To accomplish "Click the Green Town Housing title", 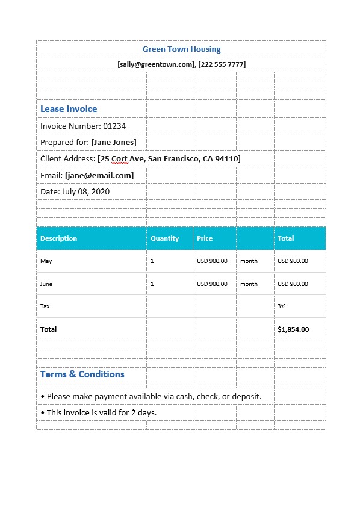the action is pos(181,49).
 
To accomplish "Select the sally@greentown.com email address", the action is pos(157,64).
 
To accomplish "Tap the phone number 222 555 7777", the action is pos(222,64).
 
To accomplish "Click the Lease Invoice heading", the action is pos(69,109).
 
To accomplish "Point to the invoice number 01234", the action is pos(114,126).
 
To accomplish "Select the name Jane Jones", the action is pos(114,142).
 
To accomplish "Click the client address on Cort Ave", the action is pos(169,158).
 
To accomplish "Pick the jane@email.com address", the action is pos(99,175).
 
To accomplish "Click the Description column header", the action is pos(59,238).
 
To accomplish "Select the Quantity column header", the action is pos(164,238).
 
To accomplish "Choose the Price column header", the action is pos(205,238).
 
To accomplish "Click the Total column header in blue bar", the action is pos(285,238).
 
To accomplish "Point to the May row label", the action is pos(46,261).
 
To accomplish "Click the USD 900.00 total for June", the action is pos(293,284).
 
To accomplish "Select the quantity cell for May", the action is pos(152,261).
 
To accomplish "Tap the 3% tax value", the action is pos(282,306).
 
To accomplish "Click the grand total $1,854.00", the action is pos(293,329).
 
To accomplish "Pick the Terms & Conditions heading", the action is pos(82,374).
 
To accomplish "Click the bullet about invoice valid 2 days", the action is pos(98,412).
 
